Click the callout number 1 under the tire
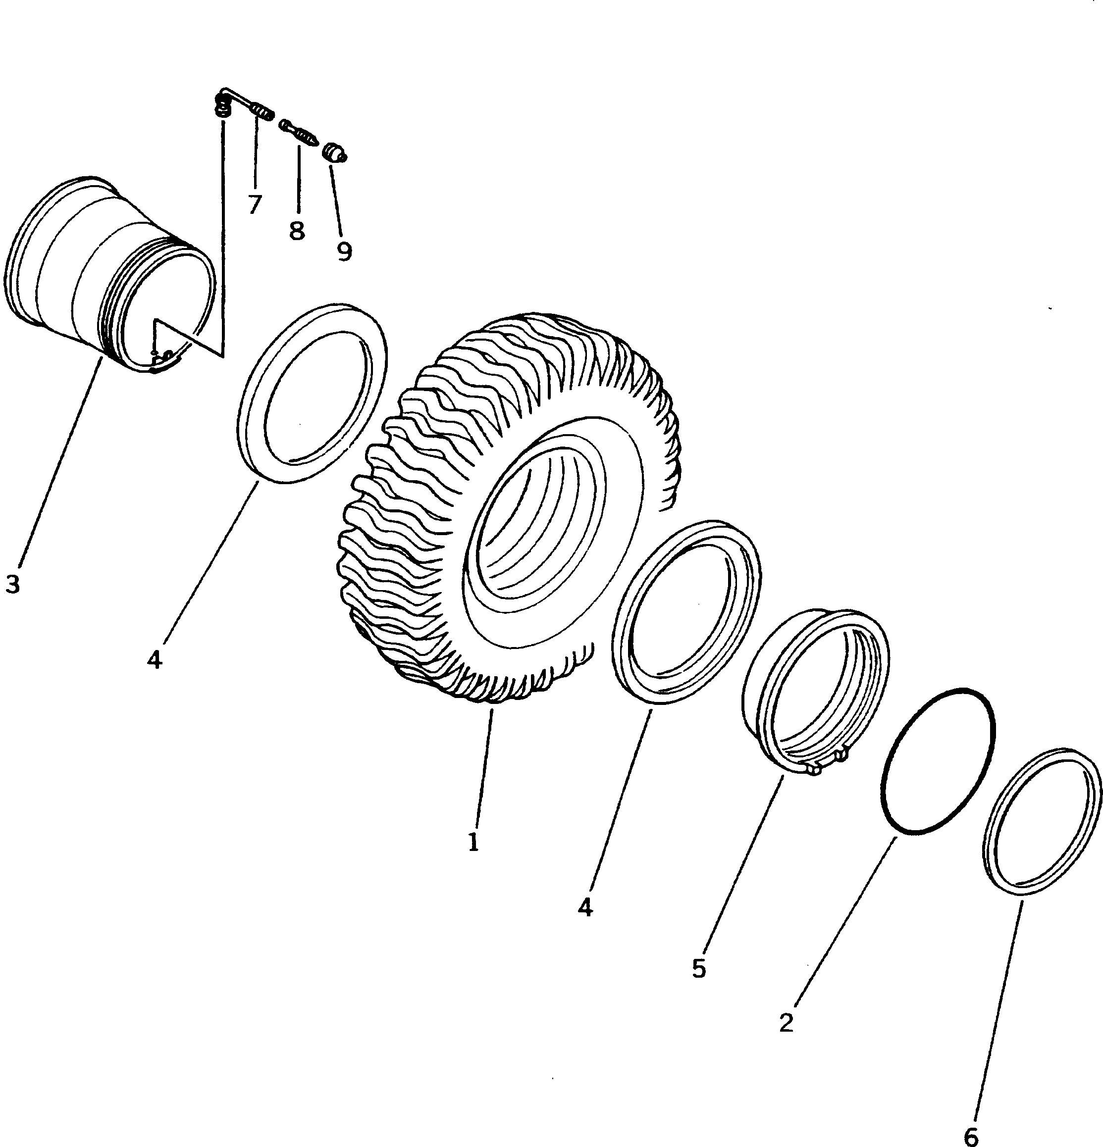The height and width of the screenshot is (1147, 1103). click(x=473, y=842)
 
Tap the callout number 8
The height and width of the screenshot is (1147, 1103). click(x=297, y=230)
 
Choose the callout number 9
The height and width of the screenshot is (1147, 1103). click(x=344, y=251)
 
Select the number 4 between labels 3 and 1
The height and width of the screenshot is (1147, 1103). click(x=154, y=659)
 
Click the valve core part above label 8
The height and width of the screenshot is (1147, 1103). click(x=299, y=132)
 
